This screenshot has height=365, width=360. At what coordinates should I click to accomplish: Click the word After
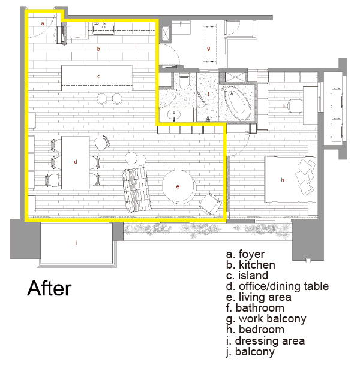click(49, 288)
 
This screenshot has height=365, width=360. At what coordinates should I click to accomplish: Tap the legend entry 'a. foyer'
click(245, 254)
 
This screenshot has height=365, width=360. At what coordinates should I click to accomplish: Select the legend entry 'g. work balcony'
click(266, 319)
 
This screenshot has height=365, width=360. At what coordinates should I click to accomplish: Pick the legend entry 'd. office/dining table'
click(277, 286)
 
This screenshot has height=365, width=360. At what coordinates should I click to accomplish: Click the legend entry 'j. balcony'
click(250, 352)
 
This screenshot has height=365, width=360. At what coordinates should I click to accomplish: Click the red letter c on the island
click(98, 76)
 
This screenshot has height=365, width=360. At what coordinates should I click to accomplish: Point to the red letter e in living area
click(178, 186)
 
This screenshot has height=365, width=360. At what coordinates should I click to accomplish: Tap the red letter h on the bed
click(283, 180)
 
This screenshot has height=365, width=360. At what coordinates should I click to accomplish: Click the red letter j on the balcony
click(76, 243)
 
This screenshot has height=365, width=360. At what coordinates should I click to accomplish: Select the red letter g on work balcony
click(209, 49)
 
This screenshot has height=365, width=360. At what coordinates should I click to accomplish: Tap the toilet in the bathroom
click(185, 82)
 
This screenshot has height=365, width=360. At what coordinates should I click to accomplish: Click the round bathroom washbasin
click(173, 114)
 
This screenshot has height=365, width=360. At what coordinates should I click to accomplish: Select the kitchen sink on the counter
click(103, 28)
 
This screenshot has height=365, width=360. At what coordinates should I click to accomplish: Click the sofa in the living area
click(137, 189)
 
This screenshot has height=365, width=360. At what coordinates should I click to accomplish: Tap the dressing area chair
click(295, 105)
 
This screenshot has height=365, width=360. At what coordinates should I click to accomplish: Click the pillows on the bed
click(305, 176)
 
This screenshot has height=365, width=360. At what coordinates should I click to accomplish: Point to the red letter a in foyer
click(43, 23)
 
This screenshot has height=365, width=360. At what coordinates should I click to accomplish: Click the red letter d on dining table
click(76, 162)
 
